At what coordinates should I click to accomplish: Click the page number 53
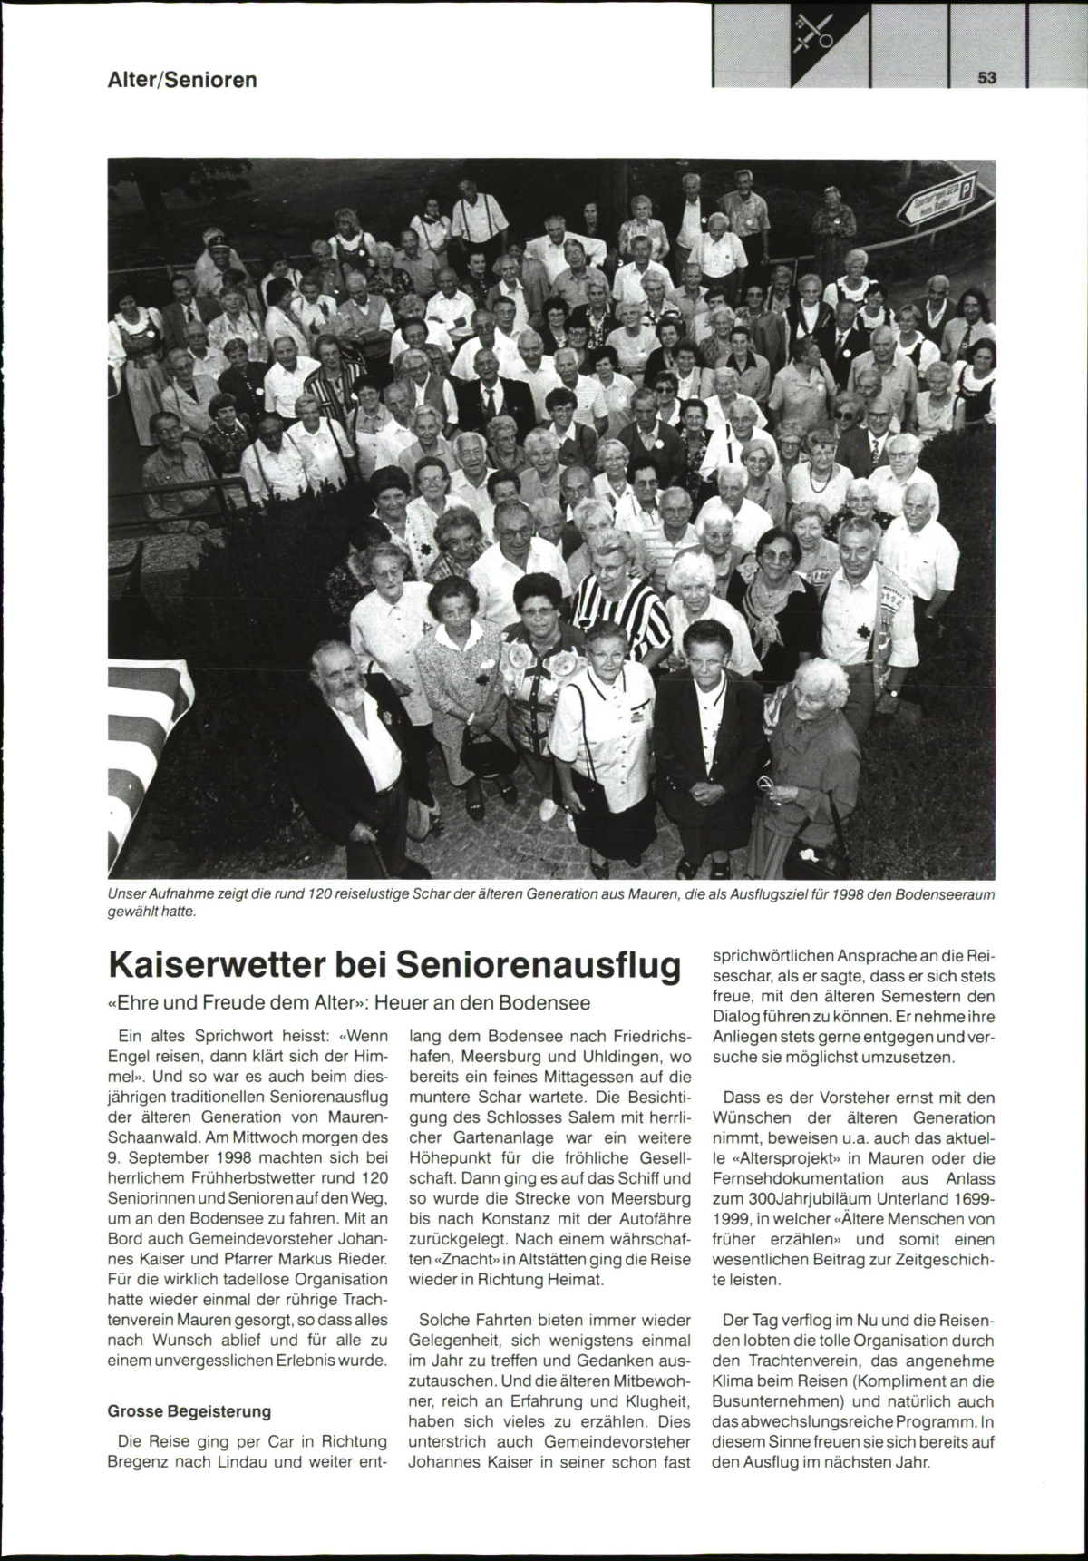pyautogui.click(x=987, y=78)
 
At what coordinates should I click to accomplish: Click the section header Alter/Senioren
pyautogui.click(x=182, y=80)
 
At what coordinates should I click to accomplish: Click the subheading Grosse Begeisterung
pyautogui.click(x=189, y=1411)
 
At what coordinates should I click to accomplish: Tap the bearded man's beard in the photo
pyautogui.click(x=343, y=698)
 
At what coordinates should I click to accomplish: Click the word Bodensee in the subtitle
pyautogui.click(x=549, y=1003)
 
